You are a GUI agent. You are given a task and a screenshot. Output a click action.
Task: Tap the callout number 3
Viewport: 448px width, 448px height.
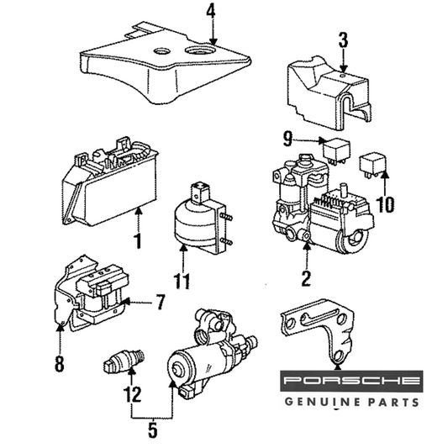tap(344, 40)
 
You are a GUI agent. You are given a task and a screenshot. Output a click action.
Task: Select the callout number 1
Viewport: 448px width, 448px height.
tap(138, 240)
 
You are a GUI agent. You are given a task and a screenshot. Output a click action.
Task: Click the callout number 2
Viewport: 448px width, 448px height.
tap(306, 278)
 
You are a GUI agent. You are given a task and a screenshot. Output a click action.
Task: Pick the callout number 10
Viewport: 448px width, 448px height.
tap(386, 204)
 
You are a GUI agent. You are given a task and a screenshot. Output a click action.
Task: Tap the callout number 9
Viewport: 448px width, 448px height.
tap(288, 139)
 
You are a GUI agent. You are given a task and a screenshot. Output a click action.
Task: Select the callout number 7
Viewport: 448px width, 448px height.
tap(161, 302)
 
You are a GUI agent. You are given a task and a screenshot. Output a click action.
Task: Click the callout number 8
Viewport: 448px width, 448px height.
tap(59, 363)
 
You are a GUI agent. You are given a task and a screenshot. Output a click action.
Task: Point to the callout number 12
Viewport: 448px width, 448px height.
tap(133, 394)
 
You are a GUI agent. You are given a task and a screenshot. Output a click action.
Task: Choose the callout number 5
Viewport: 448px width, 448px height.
tap(153, 430)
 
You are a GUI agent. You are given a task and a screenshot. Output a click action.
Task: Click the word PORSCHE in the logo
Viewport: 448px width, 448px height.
tap(352, 380)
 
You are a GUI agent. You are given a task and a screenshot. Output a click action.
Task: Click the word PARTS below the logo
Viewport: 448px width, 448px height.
tap(393, 403)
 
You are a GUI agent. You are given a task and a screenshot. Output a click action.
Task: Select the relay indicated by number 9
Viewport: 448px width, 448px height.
tap(336, 150)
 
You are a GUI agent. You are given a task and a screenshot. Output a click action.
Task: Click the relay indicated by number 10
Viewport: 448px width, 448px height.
tap(372, 165)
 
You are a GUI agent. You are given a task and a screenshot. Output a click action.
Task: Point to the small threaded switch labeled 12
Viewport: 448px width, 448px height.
tap(124, 361)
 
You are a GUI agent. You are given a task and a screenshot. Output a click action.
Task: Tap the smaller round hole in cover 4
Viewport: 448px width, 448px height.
tap(162, 51)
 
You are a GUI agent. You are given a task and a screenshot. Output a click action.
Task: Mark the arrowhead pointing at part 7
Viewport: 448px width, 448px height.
tap(126, 301)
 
